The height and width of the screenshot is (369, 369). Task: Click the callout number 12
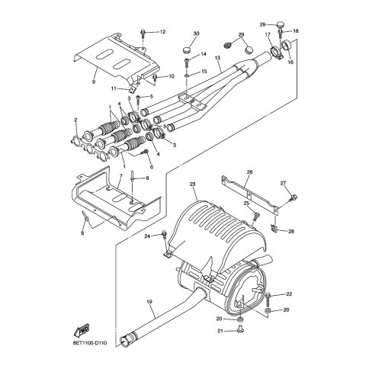pos(162,32)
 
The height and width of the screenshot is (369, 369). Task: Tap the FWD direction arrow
pos(82,331)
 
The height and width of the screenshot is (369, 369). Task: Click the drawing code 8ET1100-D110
pos(90,343)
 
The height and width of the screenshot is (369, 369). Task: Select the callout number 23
pos(192,184)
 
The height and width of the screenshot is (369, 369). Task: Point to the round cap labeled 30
pos(187,50)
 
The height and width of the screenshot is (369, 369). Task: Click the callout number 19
pos(149,302)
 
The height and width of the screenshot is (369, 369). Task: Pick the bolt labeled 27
pos(294,197)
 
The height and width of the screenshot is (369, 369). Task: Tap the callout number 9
pos(94,82)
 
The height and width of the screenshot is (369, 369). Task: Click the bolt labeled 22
pos(268,300)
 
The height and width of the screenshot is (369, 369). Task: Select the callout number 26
pos(249,172)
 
